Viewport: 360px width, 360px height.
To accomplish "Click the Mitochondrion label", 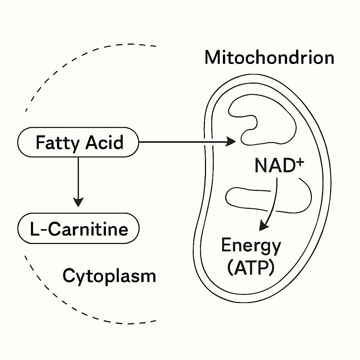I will click(x=269, y=58).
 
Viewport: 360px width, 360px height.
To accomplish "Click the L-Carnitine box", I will click(x=78, y=229).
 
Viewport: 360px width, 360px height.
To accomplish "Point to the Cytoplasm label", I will click(x=109, y=276).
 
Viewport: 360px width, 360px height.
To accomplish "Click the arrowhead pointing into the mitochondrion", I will click(x=231, y=142).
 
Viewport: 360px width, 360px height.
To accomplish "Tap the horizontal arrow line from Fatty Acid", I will click(x=183, y=142).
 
